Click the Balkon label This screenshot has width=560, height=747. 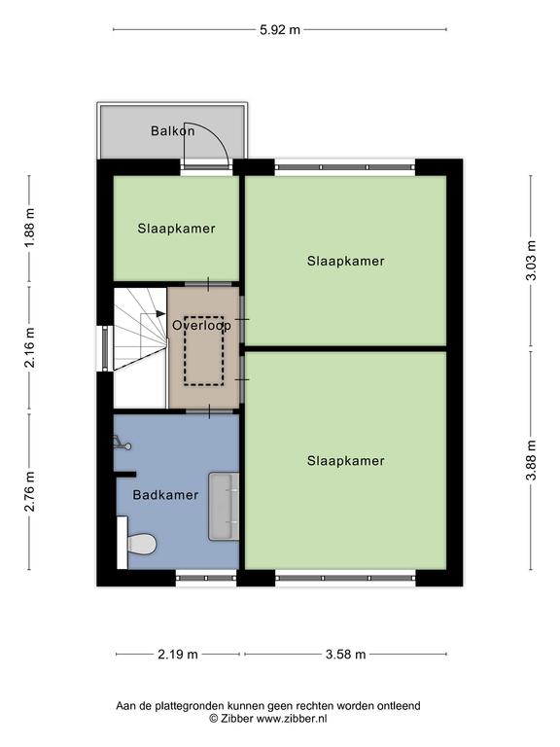pos(172,130)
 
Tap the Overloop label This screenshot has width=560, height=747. pos(201,325)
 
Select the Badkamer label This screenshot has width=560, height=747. pos(165,494)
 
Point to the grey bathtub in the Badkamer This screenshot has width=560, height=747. pos(224,506)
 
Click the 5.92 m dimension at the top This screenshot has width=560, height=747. pos(280,29)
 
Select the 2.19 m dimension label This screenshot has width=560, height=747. pos(178,654)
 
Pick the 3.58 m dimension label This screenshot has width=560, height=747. pos(346,654)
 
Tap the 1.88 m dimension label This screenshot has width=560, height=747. pos(29,229)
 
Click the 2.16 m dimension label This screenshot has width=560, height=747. pos(29,348)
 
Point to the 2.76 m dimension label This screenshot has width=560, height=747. pos(29,491)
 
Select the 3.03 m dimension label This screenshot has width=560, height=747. pos(531,260)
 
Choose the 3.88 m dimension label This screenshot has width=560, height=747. pos(531,460)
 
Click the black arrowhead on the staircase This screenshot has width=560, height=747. pos(160,313)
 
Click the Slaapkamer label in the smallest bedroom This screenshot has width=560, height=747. pos(176,229)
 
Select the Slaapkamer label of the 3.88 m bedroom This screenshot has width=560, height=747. pos(346,461)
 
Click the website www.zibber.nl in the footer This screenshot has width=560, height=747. pos(292,719)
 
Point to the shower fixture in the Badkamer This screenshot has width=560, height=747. pos(122,444)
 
